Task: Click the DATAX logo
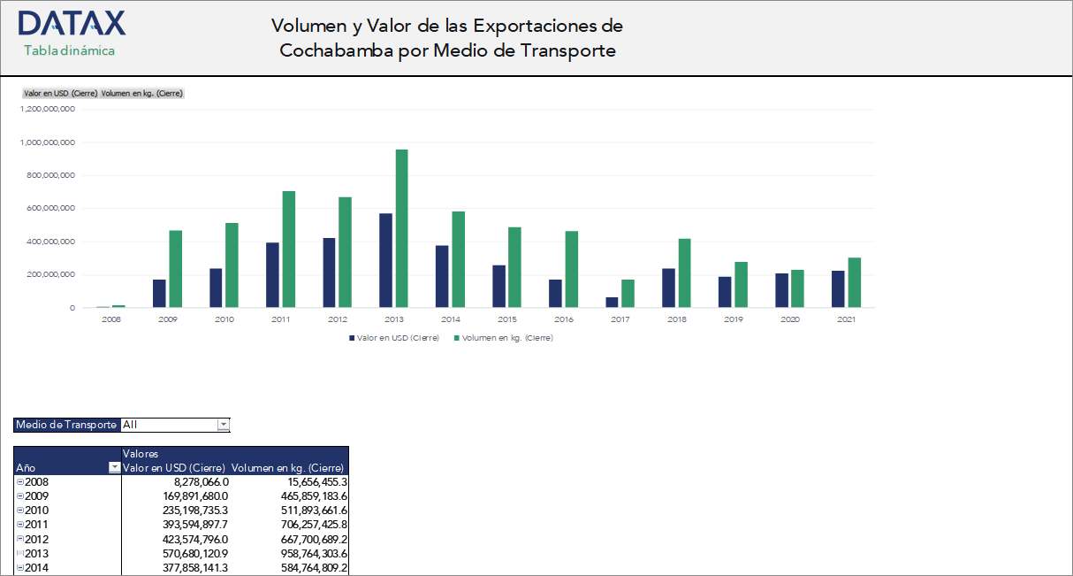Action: point(72,23)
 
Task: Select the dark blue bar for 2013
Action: point(385,260)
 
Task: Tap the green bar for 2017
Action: point(628,294)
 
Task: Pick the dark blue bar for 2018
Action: point(668,288)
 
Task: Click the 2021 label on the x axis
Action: point(846,319)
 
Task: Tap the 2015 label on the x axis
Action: point(507,319)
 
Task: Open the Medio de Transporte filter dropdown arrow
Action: point(224,425)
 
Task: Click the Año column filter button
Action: point(113,468)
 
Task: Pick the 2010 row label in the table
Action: point(37,511)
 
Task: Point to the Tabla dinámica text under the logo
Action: point(69,50)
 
